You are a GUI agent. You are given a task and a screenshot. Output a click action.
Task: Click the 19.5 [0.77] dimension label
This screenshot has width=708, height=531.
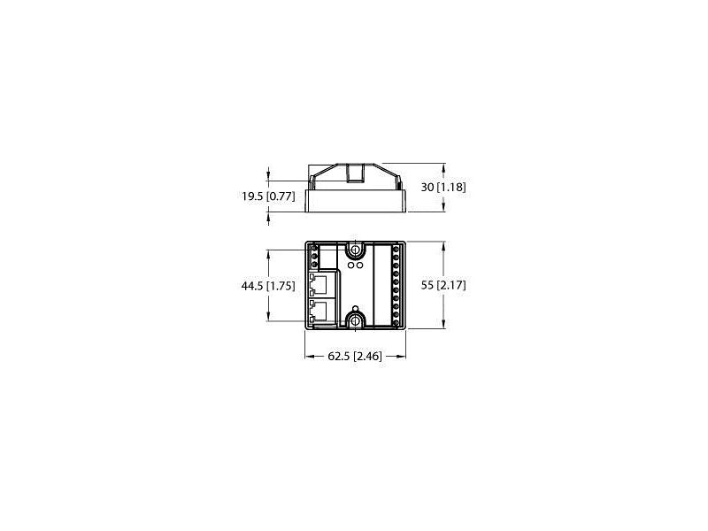click(x=268, y=196)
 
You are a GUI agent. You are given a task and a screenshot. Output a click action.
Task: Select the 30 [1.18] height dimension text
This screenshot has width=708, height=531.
click(x=443, y=188)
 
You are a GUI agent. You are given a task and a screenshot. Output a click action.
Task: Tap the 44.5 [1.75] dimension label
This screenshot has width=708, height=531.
click(x=268, y=286)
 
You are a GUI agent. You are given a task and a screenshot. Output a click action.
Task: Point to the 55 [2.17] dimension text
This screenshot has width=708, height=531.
click(x=443, y=285)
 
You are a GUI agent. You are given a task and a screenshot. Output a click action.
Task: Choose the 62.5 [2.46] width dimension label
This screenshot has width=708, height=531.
click(x=354, y=357)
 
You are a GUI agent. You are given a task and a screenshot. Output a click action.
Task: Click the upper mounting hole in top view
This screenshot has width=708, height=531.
click(x=355, y=250)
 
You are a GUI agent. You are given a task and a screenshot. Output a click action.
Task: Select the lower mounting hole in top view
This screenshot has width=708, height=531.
click(x=355, y=319)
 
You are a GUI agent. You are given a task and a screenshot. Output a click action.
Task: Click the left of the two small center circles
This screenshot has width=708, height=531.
click(x=350, y=264)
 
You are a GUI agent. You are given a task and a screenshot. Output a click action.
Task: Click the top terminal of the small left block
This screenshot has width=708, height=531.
click(x=314, y=250)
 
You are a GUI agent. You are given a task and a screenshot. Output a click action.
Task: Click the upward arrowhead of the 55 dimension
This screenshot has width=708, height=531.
click(x=442, y=245)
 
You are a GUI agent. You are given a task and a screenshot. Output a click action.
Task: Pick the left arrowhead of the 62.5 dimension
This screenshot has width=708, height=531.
click(x=309, y=357)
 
